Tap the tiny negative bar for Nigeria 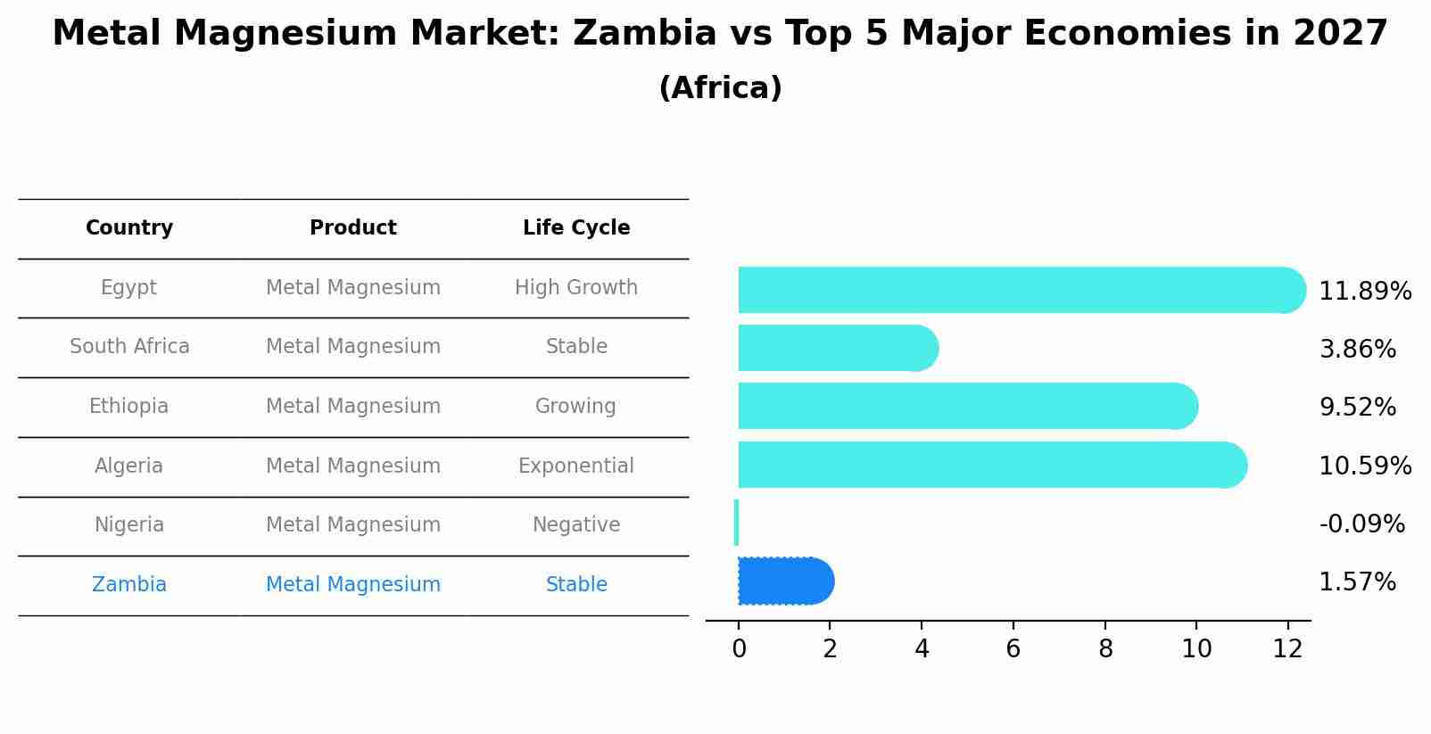[736, 523]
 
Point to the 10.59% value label [1364, 466]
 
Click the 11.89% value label [1364, 292]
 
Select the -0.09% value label [1361, 524]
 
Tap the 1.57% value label [1357, 582]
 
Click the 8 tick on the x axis [1105, 649]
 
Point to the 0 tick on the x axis [739, 649]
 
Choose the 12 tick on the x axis [1287, 649]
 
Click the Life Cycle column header [576, 228]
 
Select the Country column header [129, 228]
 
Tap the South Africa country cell [129, 347]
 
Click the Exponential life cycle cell [576, 466]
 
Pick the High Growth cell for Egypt [576, 288]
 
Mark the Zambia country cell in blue [129, 585]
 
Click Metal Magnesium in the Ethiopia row [353, 407]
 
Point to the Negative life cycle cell [576, 525]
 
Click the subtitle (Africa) [720, 88]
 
